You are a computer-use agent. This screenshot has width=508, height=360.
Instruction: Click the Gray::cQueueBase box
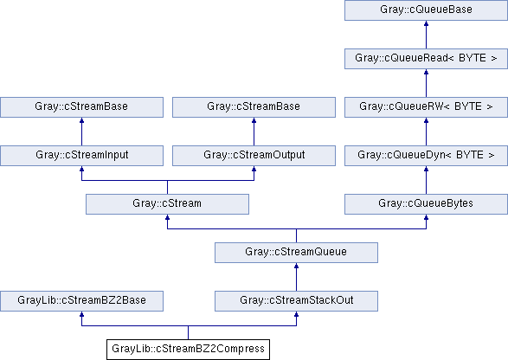[426, 10]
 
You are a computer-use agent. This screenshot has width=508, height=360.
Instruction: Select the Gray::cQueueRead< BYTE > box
[426, 59]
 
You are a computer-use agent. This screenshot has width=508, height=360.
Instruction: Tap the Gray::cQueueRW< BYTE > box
[426, 107]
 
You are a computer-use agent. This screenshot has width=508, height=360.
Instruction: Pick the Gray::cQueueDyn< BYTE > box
[426, 156]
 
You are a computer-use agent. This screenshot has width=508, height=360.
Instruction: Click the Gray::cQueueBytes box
[426, 204]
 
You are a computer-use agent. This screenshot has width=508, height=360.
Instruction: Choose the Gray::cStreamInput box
[81, 156]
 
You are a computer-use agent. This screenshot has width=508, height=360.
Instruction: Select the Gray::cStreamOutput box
[254, 156]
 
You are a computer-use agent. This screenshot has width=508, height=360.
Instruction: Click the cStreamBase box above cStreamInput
[81, 107]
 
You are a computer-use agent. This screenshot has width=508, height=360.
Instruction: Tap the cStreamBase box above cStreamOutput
[254, 107]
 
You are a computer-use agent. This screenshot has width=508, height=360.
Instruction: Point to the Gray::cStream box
[168, 204]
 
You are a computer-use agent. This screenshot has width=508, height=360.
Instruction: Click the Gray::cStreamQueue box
[297, 253]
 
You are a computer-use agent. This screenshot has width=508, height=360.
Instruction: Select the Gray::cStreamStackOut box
[297, 301]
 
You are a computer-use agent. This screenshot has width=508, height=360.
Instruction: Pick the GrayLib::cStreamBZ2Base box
[81, 301]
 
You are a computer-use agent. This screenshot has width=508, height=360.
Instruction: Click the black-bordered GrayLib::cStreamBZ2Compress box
[189, 350]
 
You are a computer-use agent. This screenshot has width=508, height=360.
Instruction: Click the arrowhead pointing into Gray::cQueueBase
[426, 23]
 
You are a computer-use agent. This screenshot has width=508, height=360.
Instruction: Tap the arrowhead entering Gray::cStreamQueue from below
[297, 266]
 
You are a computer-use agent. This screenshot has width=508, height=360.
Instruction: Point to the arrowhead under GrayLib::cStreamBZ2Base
[81, 314]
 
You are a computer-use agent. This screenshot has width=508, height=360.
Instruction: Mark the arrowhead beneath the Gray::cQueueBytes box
[426, 217]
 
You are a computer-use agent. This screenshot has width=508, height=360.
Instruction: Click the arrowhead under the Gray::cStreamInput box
[81, 169]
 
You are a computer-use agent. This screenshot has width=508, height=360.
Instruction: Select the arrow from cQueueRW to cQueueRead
[426, 83]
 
